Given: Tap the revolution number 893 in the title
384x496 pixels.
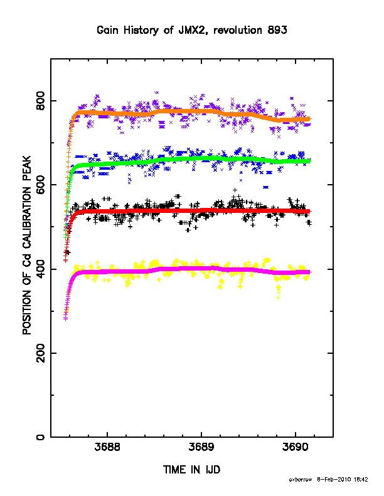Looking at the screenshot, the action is pyautogui.click(x=277, y=30).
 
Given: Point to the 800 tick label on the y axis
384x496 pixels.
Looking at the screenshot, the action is pyautogui.click(x=41, y=101).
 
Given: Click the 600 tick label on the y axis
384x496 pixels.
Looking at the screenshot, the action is pyautogui.click(x=41, y=185).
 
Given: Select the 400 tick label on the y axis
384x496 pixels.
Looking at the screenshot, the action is pyautogui.click(x=41, y=269).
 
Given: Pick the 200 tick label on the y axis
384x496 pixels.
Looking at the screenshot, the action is pyautogui.click(x=41, y=353).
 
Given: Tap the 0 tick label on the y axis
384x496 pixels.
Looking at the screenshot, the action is pyautogui.click(x=41, y=437).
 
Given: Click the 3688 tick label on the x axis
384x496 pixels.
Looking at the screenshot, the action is pyautogui.click(x=107, y=447).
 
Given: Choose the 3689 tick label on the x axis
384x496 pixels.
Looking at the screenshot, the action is pyautogui.click(x=201, y=447).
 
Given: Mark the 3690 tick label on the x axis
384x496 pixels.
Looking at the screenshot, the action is pyautogui.click(x=296, y=447).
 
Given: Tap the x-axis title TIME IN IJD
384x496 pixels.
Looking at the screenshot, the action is pyautogui.click(x=191, y=470).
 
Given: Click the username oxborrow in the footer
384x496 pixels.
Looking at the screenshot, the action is pyautogui.click(x=301, y=480).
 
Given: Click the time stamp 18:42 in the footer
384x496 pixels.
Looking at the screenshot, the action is pyautogui.click(x=361, y=480).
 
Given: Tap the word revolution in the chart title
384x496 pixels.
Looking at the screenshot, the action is pyautogui.click(x=238, y=30).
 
